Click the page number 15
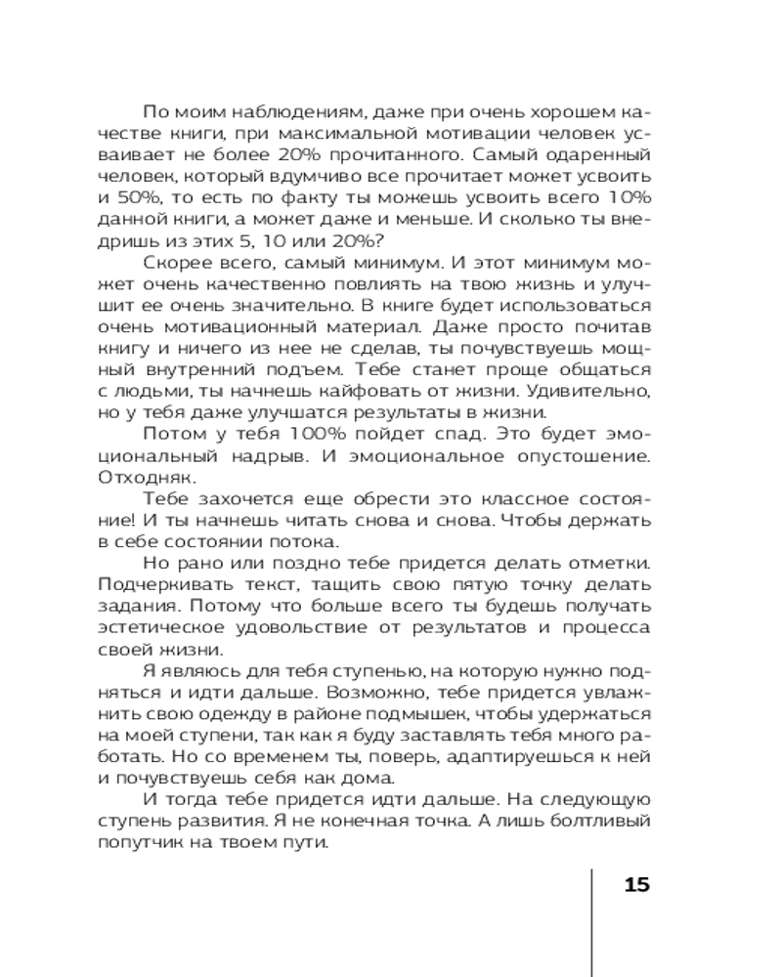point(635,886)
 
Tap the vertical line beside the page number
point(593,918)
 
